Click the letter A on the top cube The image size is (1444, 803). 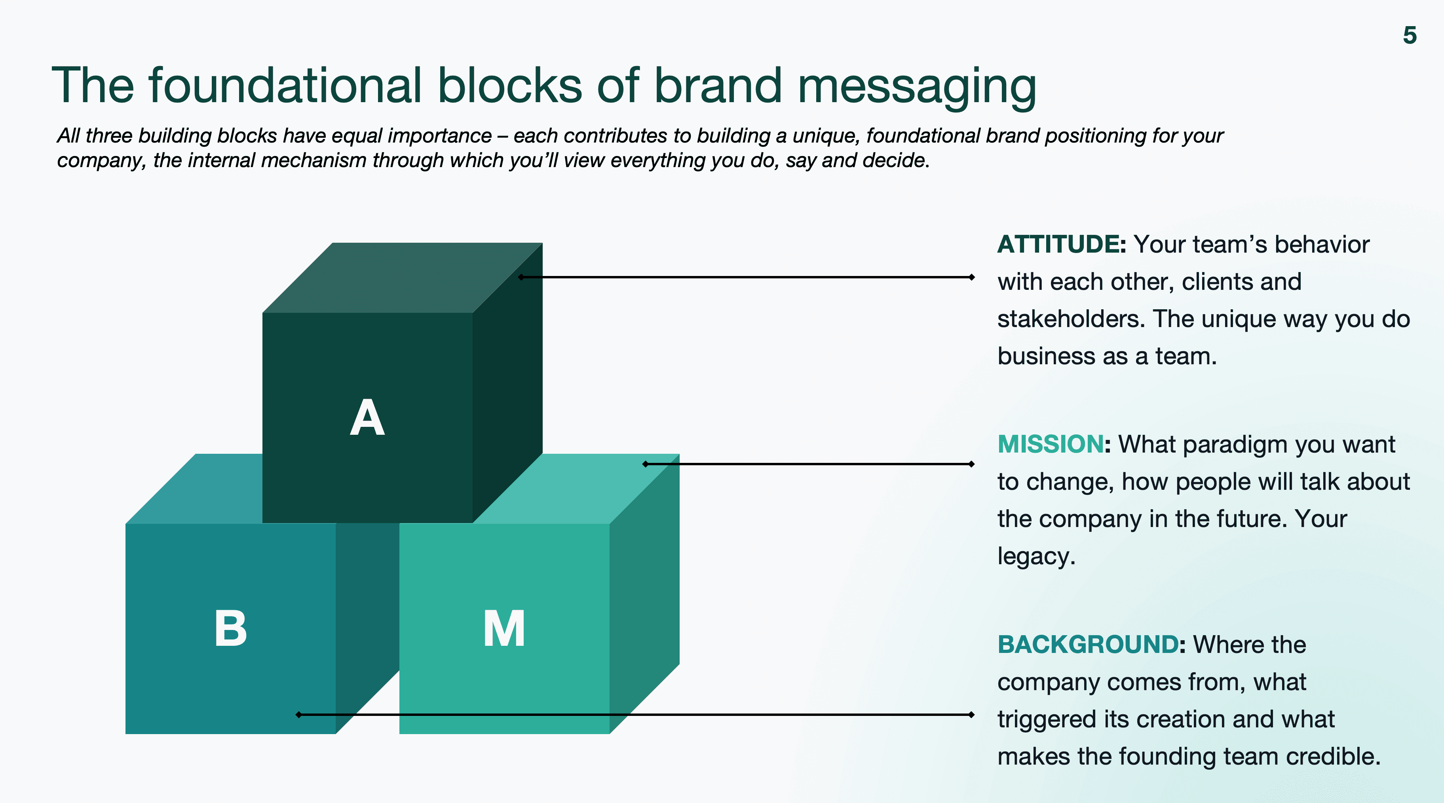(367, 418)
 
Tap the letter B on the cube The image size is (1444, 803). (230, 629)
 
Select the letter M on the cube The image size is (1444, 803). (504, 629)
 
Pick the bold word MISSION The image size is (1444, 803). (1050, 445)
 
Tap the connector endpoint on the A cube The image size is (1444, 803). (521, 277)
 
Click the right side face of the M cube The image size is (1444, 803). (645, 594)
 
